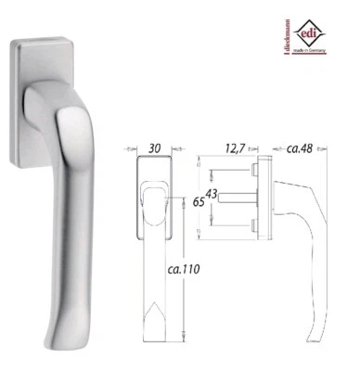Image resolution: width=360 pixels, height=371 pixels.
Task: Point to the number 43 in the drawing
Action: point(212,193)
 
